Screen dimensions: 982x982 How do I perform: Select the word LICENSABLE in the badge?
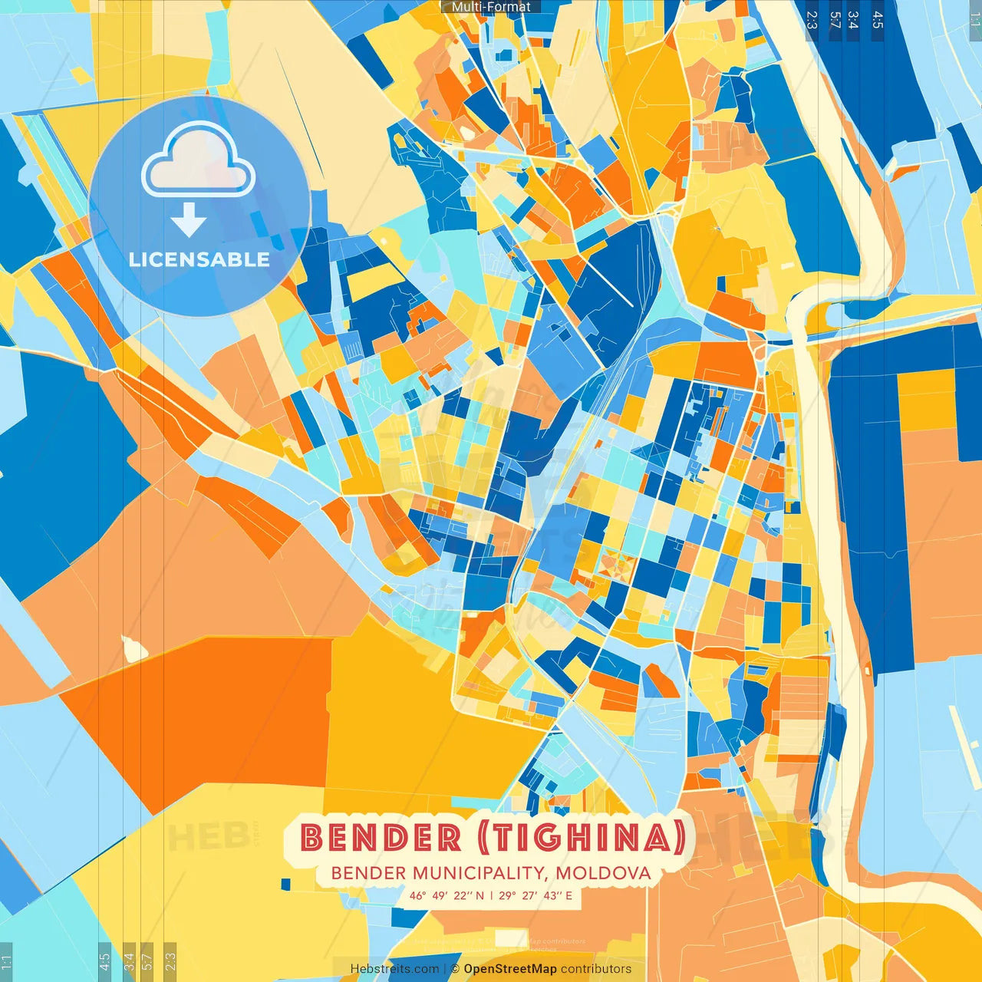(199, 259)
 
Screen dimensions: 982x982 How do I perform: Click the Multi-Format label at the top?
(491, 7)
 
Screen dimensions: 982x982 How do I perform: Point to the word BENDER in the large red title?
(381, 838)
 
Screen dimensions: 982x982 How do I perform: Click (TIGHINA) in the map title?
(582, 838)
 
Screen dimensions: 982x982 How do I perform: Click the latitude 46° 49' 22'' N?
(447, 895)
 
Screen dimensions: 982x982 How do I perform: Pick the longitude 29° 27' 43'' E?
(535, 895)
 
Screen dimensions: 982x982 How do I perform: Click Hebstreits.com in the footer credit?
(394, 969)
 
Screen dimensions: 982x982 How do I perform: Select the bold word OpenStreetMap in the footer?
(510, 969)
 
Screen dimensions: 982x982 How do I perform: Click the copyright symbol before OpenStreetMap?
(455, 969)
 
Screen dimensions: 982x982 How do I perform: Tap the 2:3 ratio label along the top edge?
(812, 20)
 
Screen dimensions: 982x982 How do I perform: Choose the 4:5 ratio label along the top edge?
(878, 20)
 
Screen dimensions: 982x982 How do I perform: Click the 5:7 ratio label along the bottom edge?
(147, 961)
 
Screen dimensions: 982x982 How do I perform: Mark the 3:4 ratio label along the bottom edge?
(129, 961)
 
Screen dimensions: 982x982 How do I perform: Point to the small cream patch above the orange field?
(135, 649)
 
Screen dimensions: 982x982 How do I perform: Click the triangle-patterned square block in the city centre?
(615, 565)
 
